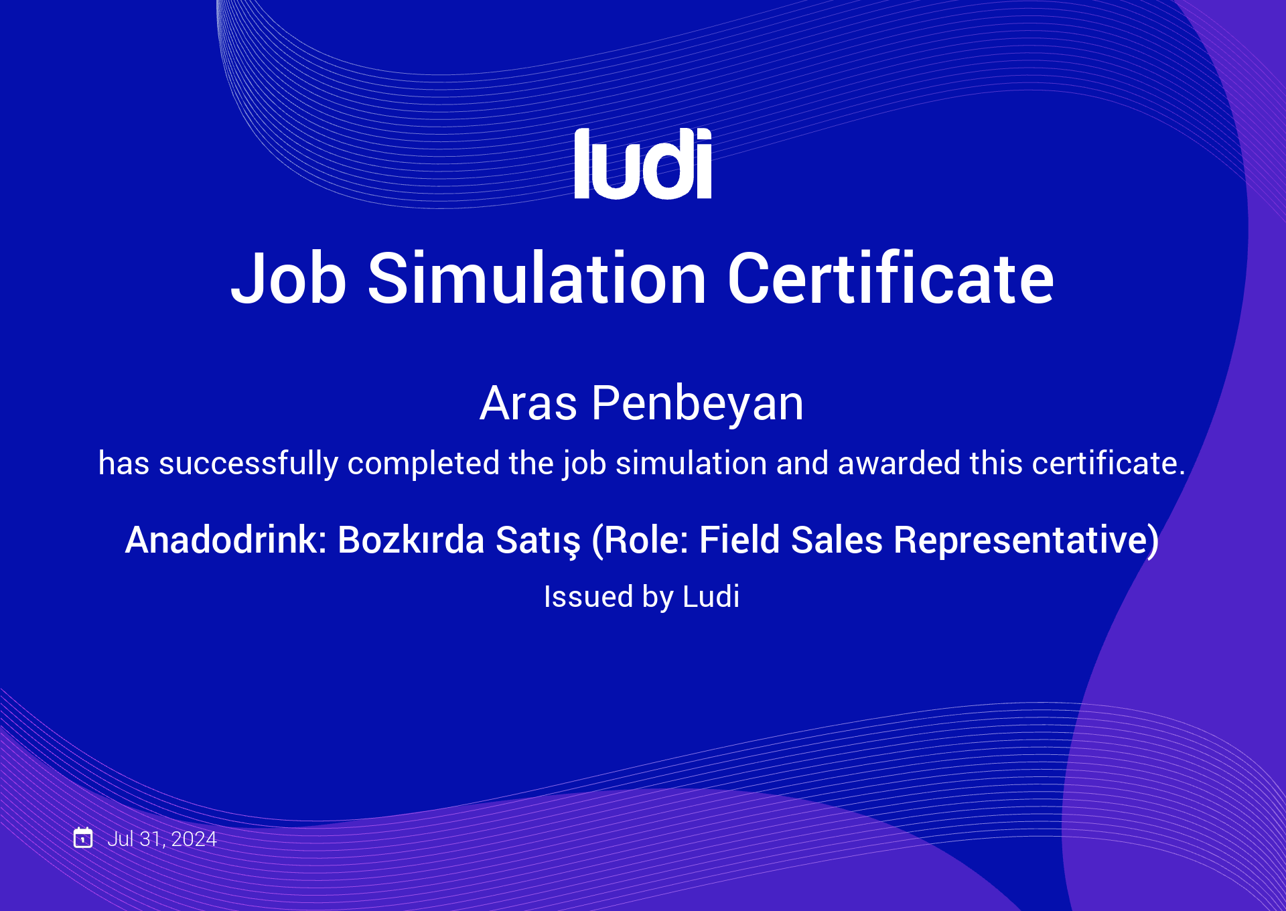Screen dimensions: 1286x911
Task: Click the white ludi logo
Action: [x=643, y=163]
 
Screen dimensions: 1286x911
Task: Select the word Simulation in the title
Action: [x=537, y=277]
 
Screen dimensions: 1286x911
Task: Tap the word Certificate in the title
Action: [x=891, y=277]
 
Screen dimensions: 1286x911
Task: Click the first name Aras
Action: [x=528, y=403]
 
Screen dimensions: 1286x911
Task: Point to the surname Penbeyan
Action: [x=697, y=405]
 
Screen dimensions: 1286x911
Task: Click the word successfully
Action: [x=248, y=464]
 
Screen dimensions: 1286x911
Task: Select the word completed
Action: [x=424, y=464]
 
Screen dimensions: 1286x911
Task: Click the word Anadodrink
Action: [x=226, y=540]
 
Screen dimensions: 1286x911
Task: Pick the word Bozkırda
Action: [x=411, y=540]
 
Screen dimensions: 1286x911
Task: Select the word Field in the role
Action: [x=739, y=540]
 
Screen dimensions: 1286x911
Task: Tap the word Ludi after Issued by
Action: [x=711, y=596]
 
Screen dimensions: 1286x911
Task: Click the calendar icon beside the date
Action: [x=83, y=837]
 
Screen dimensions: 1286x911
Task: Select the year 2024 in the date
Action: [x=194, y=839]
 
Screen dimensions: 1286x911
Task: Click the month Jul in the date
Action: [x=121, y=839]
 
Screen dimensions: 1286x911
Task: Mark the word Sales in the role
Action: [x=837, y=540]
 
